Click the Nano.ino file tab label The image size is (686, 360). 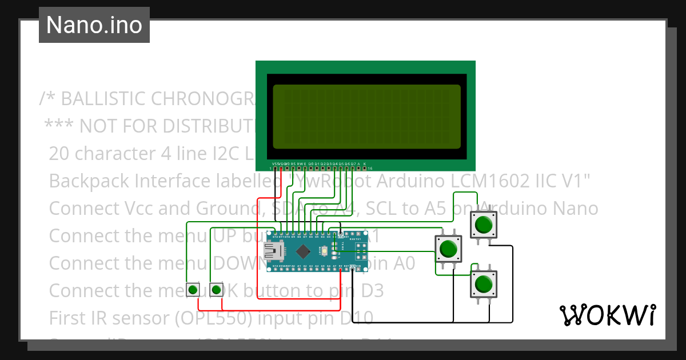tap(94, 25)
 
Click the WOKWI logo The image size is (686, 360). tap(607, 315)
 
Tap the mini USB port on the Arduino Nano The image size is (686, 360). tap(274, 250)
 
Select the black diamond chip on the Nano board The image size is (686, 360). tap(303, 250)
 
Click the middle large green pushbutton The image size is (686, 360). tap(448, 249)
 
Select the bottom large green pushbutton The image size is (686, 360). tap(484, 283)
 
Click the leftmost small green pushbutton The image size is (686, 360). tap(194, 290)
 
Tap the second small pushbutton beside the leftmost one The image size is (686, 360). tap(216, 290)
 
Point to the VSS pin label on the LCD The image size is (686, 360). tap(275, 163)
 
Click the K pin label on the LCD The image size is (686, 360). tap(365, 163)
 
